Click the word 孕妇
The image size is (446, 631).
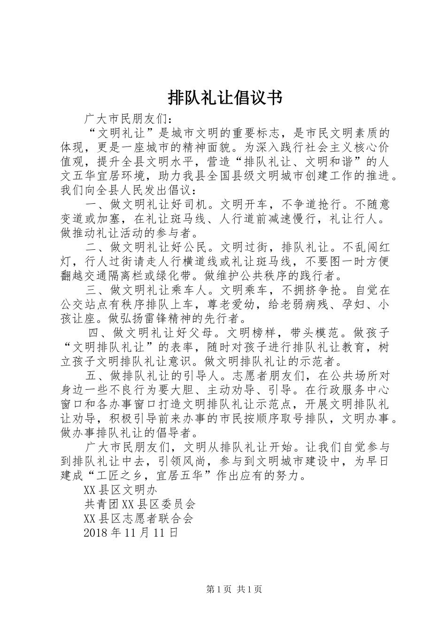click(x=353, y=305)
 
